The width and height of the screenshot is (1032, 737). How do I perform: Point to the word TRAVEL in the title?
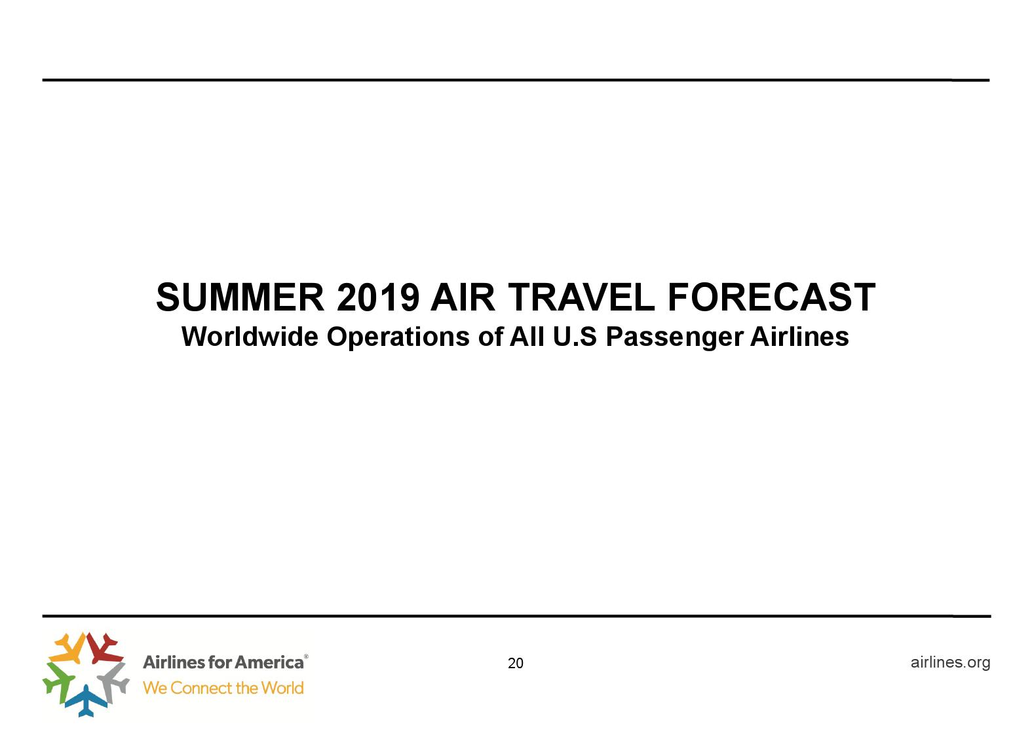click(581, 297)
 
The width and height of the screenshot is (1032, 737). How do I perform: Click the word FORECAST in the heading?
click(771, 297)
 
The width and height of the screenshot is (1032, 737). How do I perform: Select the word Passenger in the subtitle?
click(674, 337)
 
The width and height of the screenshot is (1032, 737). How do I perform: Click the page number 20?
click(516, 664)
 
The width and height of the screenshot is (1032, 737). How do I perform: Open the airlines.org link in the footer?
click(950, 662)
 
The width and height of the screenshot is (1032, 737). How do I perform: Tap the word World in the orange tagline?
click(282, 688)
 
